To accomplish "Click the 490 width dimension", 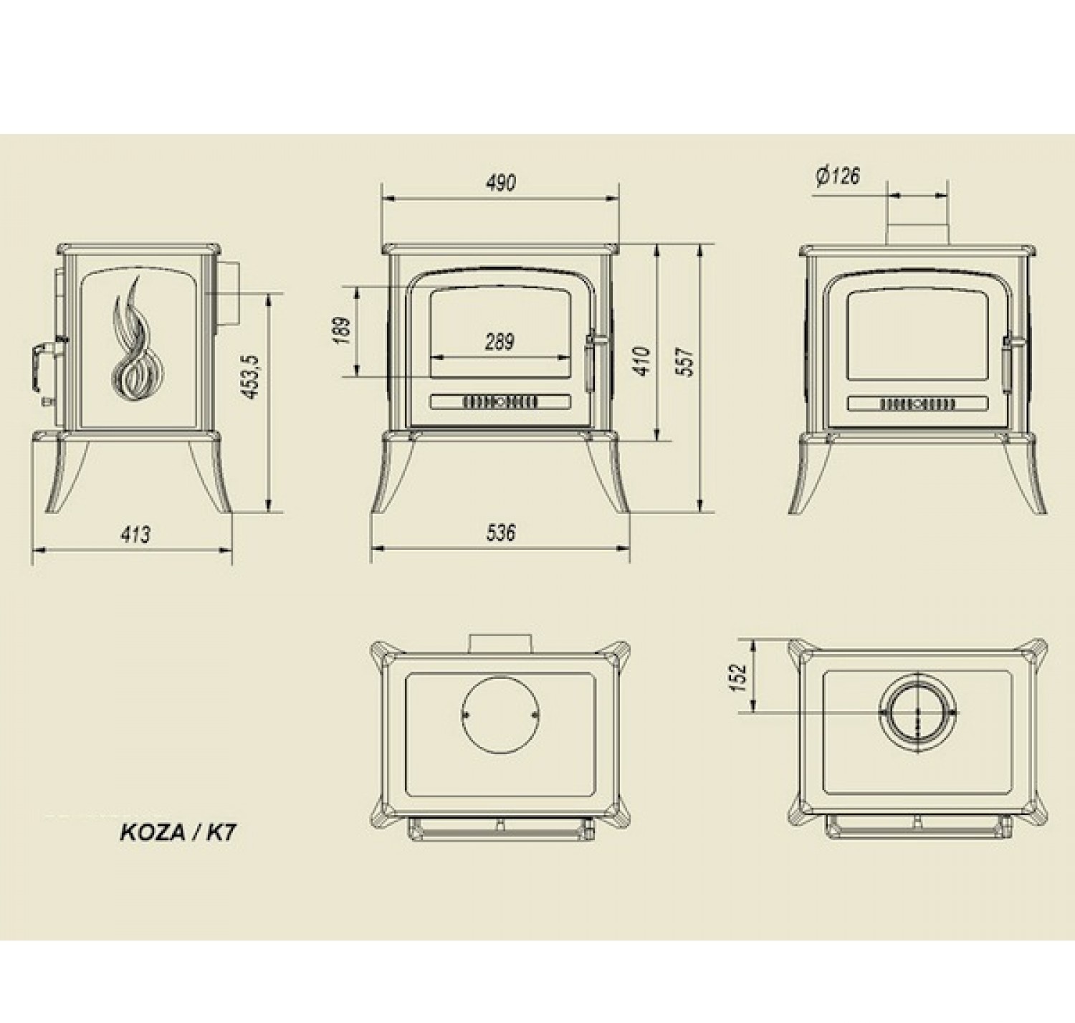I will click(x=500, y=184).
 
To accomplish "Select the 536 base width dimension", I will click(x=500, y=533).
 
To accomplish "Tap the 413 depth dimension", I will click(x=135, y=534).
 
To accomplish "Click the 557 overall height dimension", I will click(x=686, y=362).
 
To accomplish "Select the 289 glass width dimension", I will click(x=499, y=341).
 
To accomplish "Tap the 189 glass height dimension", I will click(x=342, y=330).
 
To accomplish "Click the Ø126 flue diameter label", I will click(x=837, y=176).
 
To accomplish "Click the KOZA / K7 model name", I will click(x=177, y=833).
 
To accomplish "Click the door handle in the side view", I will click(x=44, y=356).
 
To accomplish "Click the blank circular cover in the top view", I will click(x=500, y=714).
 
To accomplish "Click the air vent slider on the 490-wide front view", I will click(x=500, y=401).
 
